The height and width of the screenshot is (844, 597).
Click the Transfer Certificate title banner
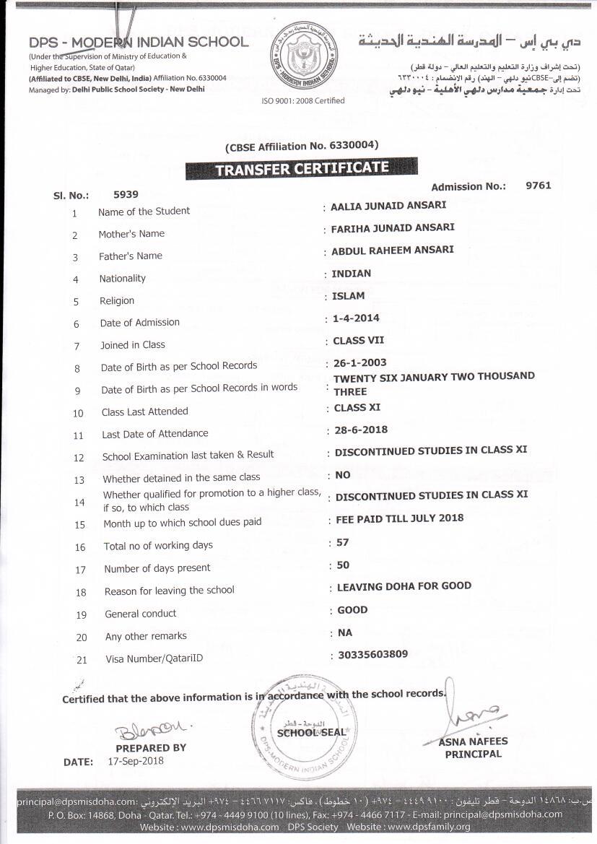click(x=302, y=169)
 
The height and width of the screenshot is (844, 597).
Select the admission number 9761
click(x=538, y=186)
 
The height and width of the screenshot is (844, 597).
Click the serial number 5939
click(x=126, y=194)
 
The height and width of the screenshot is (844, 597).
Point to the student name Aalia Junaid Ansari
click(x=388, y=206)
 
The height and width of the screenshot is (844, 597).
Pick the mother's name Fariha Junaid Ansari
click(x=393, y=228)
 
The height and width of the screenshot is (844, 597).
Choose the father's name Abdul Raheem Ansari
click(x=393, y=251)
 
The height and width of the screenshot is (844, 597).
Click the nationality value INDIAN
click(x=352, y=274)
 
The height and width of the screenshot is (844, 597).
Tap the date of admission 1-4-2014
click(x=356, y=318)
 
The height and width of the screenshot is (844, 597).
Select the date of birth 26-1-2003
click(x=360, y=362)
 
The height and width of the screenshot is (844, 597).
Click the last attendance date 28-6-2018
click(x=361, y=430)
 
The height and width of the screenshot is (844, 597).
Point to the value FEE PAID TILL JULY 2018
click(x=400, y=518)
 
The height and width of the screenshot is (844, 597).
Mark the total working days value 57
click(x=343, y=542)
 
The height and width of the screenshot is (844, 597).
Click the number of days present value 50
click(x=343, y=565)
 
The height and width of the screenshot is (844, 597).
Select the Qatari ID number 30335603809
click(x=372, y=655)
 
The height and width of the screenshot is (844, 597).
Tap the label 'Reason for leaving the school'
click(x=170, y=591)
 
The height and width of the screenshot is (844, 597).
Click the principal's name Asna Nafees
click(x=473, y=741)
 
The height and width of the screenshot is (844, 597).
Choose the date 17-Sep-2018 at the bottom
click(x=136, y=761)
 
